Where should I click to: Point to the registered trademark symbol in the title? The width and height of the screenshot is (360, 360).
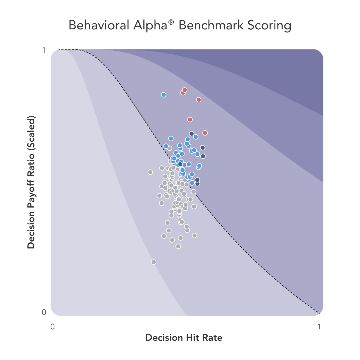pos(171,22)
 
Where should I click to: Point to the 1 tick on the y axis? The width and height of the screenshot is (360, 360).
pos(44,50)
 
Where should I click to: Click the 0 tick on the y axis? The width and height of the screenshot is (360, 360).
pos(44,312)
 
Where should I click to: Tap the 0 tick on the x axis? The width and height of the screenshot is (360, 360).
pos(52,326)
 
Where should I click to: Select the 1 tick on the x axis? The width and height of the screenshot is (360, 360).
pos(319,326)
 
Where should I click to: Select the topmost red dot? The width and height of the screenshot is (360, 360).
pos(184,90)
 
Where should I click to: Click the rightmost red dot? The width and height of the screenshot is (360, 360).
pos(205,133)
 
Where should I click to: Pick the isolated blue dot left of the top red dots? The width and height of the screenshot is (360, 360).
pos(163,95)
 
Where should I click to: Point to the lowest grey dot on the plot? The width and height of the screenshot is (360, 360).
pos(154,262)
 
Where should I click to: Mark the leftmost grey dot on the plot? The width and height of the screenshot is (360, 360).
pos(150,172)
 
